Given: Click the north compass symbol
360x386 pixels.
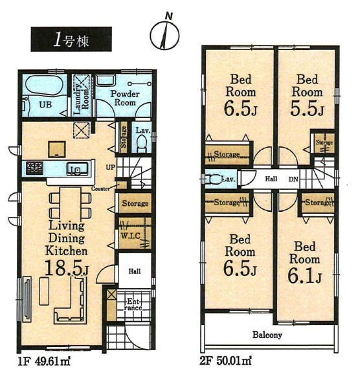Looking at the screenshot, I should click(164, 35).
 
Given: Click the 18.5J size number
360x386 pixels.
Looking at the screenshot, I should click(66, 267).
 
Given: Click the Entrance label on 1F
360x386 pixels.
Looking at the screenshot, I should click(133, 305).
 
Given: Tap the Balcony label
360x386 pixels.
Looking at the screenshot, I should click(267, 335).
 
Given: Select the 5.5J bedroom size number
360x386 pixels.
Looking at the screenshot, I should click(306, 111).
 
